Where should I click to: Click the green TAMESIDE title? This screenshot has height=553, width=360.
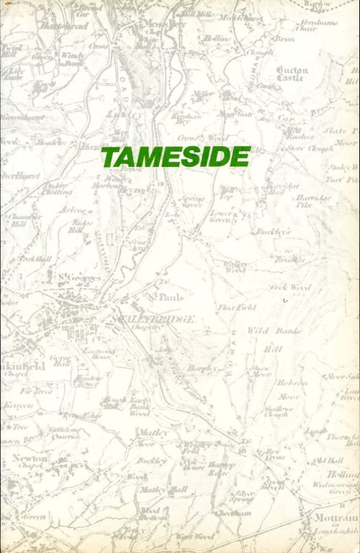(176, 156)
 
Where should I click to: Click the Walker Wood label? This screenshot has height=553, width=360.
(235, 266)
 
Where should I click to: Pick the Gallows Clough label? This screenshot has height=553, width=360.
(276, 411)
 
